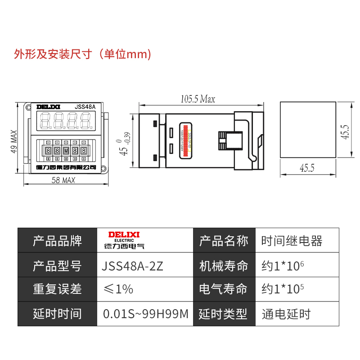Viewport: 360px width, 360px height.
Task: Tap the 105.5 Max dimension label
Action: tap(198, 99)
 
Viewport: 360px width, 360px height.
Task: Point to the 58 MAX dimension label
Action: tap(63, 180)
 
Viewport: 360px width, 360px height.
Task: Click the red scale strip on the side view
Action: tap(184, 140)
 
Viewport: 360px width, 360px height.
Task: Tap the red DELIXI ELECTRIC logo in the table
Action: tap(125, 241)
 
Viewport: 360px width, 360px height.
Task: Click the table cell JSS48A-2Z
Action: tap(133, 266)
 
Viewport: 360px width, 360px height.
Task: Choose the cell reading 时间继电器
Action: tap(292, 241)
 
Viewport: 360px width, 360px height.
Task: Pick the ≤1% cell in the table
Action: tap(118, 289)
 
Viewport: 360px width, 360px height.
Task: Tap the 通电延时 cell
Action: tap(286, 314)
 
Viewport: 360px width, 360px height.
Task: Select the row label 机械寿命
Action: tap(223, 266)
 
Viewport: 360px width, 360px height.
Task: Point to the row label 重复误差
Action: tap(57, 289)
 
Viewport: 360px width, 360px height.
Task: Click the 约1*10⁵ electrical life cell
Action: tap(283, 289)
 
